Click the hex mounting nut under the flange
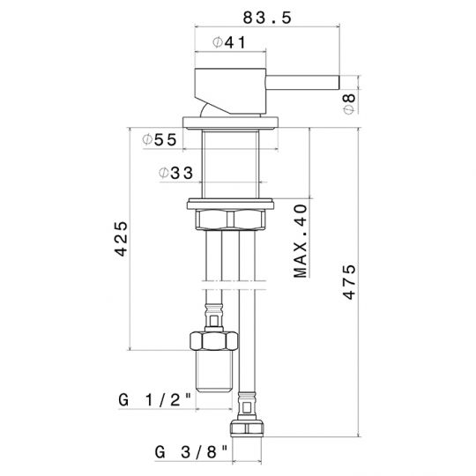point(233,220)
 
